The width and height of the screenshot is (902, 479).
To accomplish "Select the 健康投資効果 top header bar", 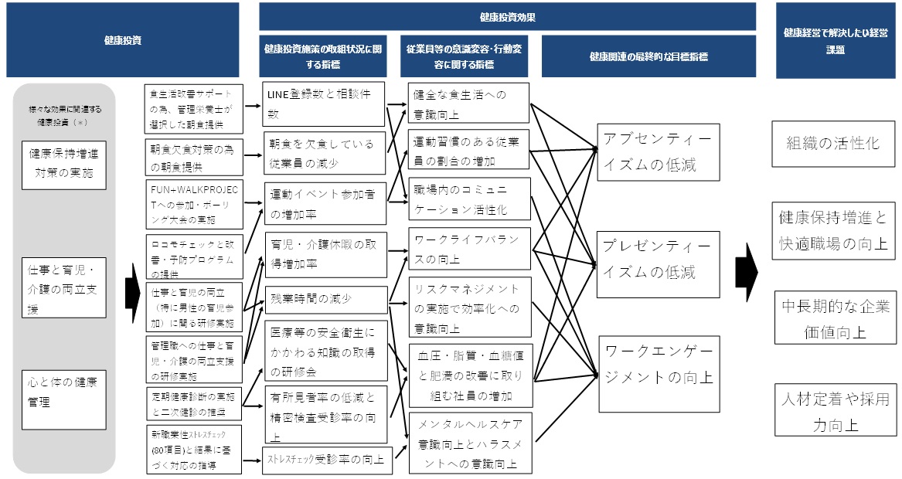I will pyautogui.click(x=507, y=16).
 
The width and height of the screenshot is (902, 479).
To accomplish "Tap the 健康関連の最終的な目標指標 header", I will pyautogui.click(x=648, y=56).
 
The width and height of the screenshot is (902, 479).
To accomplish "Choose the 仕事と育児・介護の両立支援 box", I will pyautogui.click(x=64, y=287).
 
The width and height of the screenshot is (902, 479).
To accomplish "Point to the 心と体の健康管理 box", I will pyautogui.click(x=64, y=391).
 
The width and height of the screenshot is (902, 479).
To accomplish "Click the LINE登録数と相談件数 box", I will pyautogui.click(x=323, y=104).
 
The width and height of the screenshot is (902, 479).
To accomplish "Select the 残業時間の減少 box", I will pyautogui.click(x=323, y=300).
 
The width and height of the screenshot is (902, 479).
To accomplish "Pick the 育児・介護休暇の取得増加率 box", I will pyautogui.click(x=323, y=253).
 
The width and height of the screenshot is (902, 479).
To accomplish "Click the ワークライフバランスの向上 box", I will pyautogui.click(x=469, y=249).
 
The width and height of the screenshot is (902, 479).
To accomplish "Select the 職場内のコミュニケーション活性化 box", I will pyautogui.click(x=469, y=199).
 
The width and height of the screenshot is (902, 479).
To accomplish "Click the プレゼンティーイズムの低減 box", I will pyautogui.click(x=657, y=260).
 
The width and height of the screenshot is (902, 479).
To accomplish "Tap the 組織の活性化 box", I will pyautogui.click(x=832, y=144).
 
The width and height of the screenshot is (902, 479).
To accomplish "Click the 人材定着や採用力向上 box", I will pyautogui.click(x=832, y=411).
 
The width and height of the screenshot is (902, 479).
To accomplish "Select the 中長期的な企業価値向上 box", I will pyautogui.click(x=832, y=317).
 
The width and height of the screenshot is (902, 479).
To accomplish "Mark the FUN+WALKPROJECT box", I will pyautogui.click(x=194, y=202).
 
